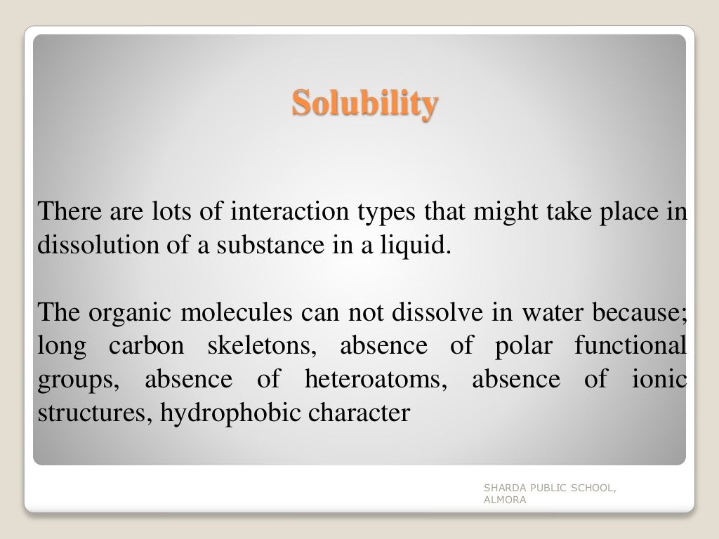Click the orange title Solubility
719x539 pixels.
click(365, 103)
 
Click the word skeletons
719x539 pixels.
click(258, 346)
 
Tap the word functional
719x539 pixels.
click(630, 346)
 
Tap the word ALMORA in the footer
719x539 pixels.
click(504, 500)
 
